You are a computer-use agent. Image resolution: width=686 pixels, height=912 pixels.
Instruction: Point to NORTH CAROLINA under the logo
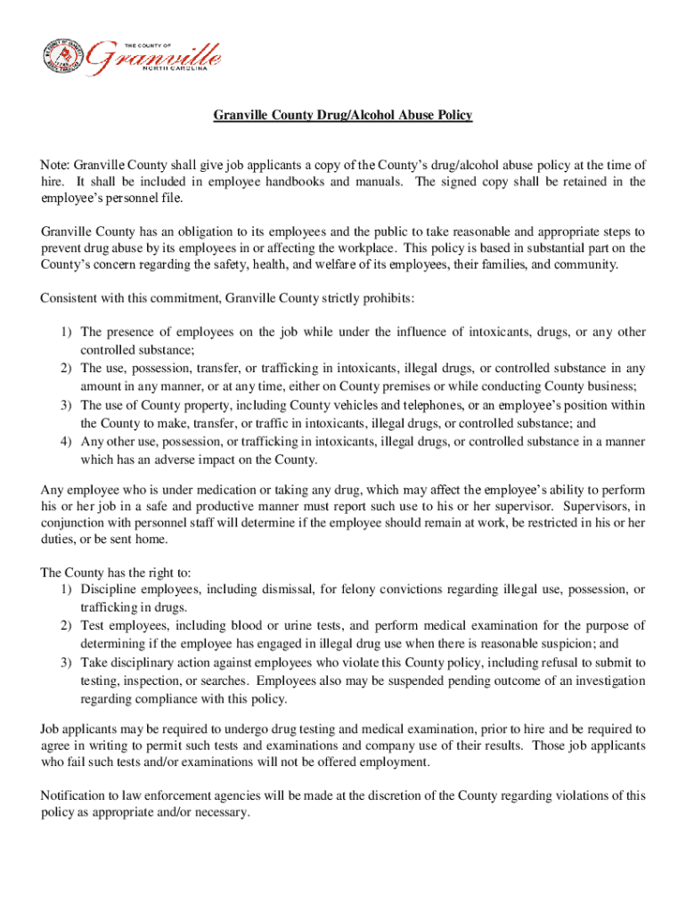(185, 67)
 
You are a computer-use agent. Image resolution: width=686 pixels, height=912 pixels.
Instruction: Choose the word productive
(193, 507)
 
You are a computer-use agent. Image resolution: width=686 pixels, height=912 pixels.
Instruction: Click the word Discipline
(110, 589)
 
